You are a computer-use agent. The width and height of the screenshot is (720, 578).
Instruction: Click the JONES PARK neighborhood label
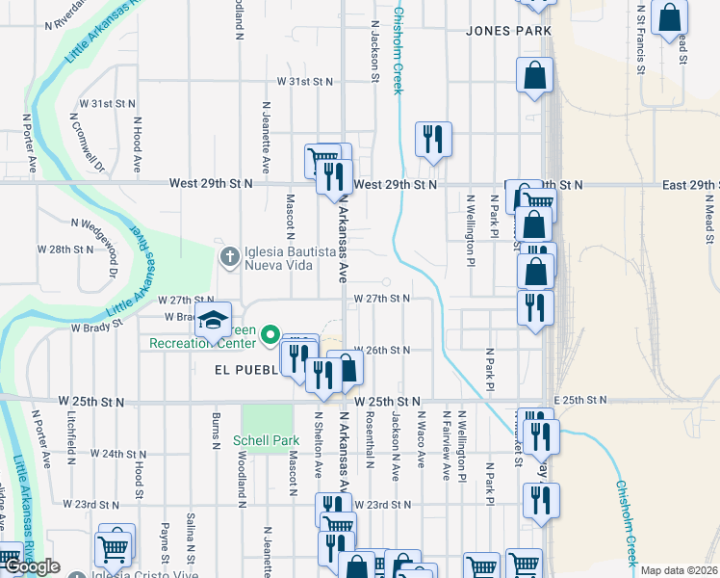pyautogui.click(x=508, y=31)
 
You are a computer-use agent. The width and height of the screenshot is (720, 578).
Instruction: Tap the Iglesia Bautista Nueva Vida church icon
pyautogui.click(x=229, y=256)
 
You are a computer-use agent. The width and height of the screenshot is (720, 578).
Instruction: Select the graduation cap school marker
pyautogui.click(x=216, y=319)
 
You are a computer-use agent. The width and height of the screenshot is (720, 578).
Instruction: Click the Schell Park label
pyautogui.click(x=266, y=442)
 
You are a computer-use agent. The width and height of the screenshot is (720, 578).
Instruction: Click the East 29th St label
pyautogui.click(x=690, y=184)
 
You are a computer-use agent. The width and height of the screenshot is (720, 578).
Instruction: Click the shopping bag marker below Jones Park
pyautogui.click(x=534, y=75)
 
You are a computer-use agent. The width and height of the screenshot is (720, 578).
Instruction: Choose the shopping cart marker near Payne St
pyautogui.click(x=114, y=548)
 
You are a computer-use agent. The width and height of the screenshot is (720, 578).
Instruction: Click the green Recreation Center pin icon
pyautogui.click(x=271, y=335)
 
